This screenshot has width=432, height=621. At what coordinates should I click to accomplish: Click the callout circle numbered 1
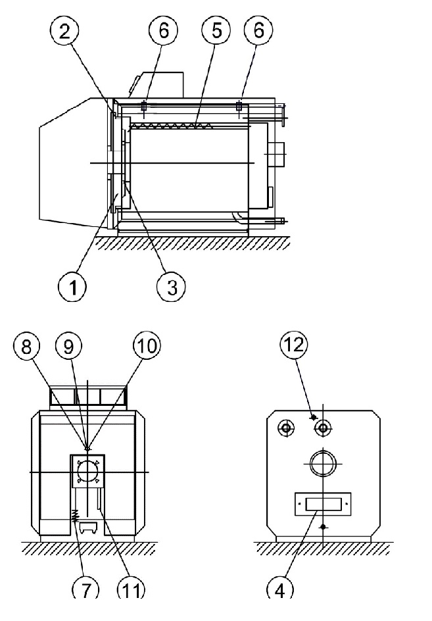click(73, 286)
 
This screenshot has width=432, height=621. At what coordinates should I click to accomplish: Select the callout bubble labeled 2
click(64, 32)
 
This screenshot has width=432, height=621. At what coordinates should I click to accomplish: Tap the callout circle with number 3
click(172, 286)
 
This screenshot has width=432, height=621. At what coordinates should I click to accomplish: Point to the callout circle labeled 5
click(216, 30)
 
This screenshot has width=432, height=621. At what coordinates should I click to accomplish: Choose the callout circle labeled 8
click(26, 346)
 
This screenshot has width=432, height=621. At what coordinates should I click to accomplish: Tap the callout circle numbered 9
click(68, 346)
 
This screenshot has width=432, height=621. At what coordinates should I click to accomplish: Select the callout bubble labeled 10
click(146, 345)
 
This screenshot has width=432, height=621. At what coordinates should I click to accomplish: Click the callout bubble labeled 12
click(294, 345)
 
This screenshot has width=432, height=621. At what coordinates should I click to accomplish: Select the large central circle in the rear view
click(323, 462)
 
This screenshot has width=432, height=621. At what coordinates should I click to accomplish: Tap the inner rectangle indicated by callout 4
click(323, 504)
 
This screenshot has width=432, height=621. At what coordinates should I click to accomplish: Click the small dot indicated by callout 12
click(314, 417)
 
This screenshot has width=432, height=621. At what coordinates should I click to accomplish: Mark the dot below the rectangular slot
click(324, 527)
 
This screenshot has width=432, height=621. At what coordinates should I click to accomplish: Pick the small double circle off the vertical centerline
click(286, 428)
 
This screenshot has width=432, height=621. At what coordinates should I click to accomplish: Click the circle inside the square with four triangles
click(87, 471)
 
